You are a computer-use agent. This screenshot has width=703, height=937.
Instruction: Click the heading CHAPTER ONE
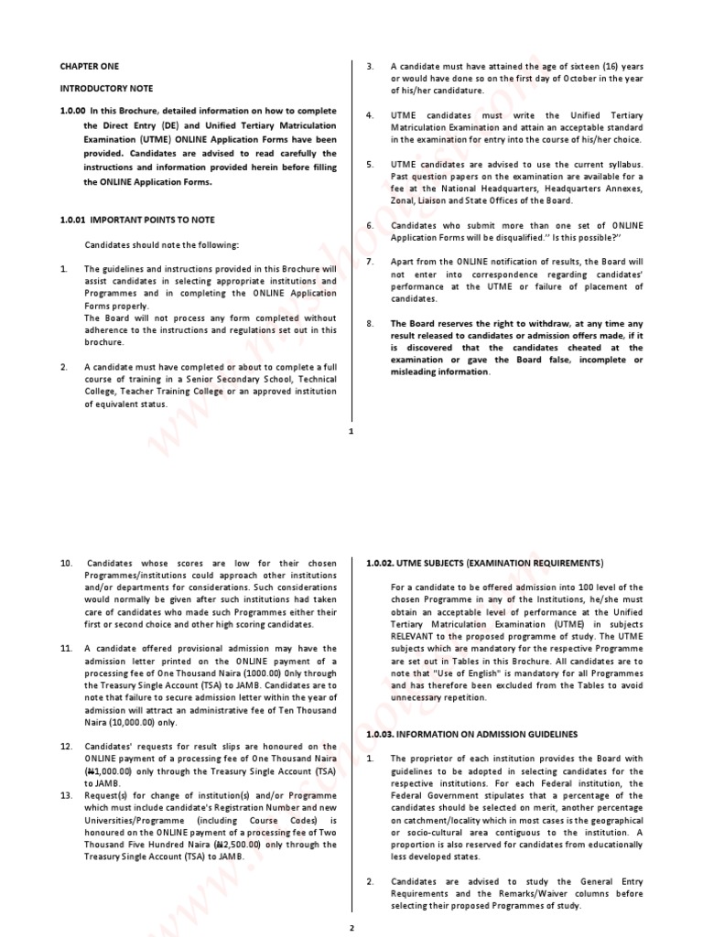pyautogui.click(x=90, y=67)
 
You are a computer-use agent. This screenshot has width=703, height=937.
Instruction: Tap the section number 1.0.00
pyautogui.click(x=73, y=112)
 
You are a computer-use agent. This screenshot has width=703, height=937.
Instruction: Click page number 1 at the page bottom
pyautogui.click(x=351, y=432)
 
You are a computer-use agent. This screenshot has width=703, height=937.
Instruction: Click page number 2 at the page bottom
pyautogui.click(x=351, y=927)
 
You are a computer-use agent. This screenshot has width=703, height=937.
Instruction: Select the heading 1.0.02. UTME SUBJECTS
pyautogui.click(x=484, y=563)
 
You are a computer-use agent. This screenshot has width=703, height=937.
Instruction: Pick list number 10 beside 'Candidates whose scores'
pyautogui.click(x=66, y=564)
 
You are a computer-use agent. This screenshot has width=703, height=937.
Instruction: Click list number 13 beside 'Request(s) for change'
pyautogui.click(x=66, y=796)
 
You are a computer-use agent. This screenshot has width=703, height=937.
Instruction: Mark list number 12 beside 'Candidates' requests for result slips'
pyautogui.click(x=66, y=747)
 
